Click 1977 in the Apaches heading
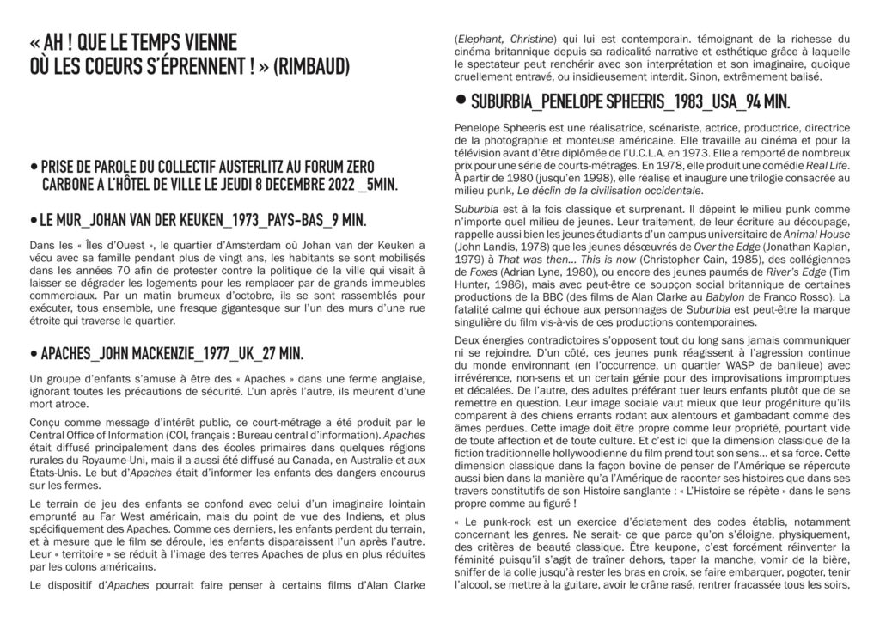210,353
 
